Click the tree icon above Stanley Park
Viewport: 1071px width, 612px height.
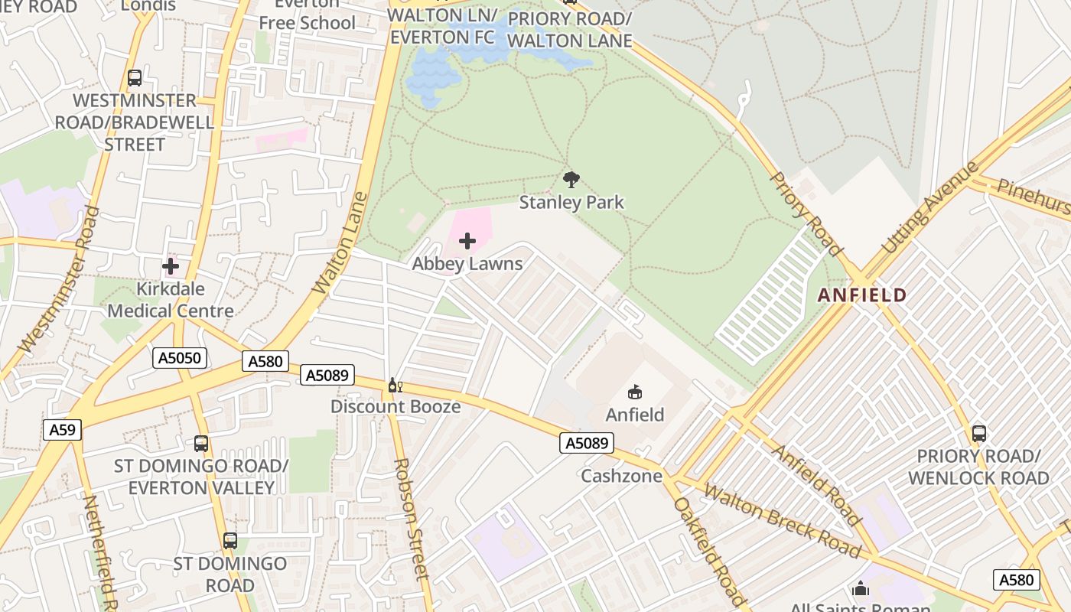click(x=571, y=180)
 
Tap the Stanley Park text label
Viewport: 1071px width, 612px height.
click(x=571, y=203)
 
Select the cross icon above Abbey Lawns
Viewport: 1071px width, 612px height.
click(x=467, y=242)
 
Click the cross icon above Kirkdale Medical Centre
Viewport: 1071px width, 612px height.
click(x=170, y=266)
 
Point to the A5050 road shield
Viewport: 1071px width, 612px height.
click(x=180, y=358)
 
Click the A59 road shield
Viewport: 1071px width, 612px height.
click(x=62, y=430)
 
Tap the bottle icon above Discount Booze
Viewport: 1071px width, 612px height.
click(x=395, y=385)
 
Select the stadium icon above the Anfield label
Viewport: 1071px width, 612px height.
click(x=634, y=392)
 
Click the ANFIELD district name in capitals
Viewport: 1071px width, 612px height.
click(x=862, y=295)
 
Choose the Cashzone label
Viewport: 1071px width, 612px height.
click(x=621, y=476)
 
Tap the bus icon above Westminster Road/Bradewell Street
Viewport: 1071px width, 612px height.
click(x=135, y=78)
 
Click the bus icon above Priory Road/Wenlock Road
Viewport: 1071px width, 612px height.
click(x=978, y=434)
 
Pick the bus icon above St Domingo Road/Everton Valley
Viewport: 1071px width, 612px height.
click(x=200, y=444)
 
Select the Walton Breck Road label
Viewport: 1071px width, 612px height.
click(x=783, y=520)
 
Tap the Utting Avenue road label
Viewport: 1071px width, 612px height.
click(x=930, y=208)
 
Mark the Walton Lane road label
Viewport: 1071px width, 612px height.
click(x=341, y=243)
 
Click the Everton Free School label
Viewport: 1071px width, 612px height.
click(x=307, y=15)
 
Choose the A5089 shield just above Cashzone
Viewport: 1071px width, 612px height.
click(x=587, y=443)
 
